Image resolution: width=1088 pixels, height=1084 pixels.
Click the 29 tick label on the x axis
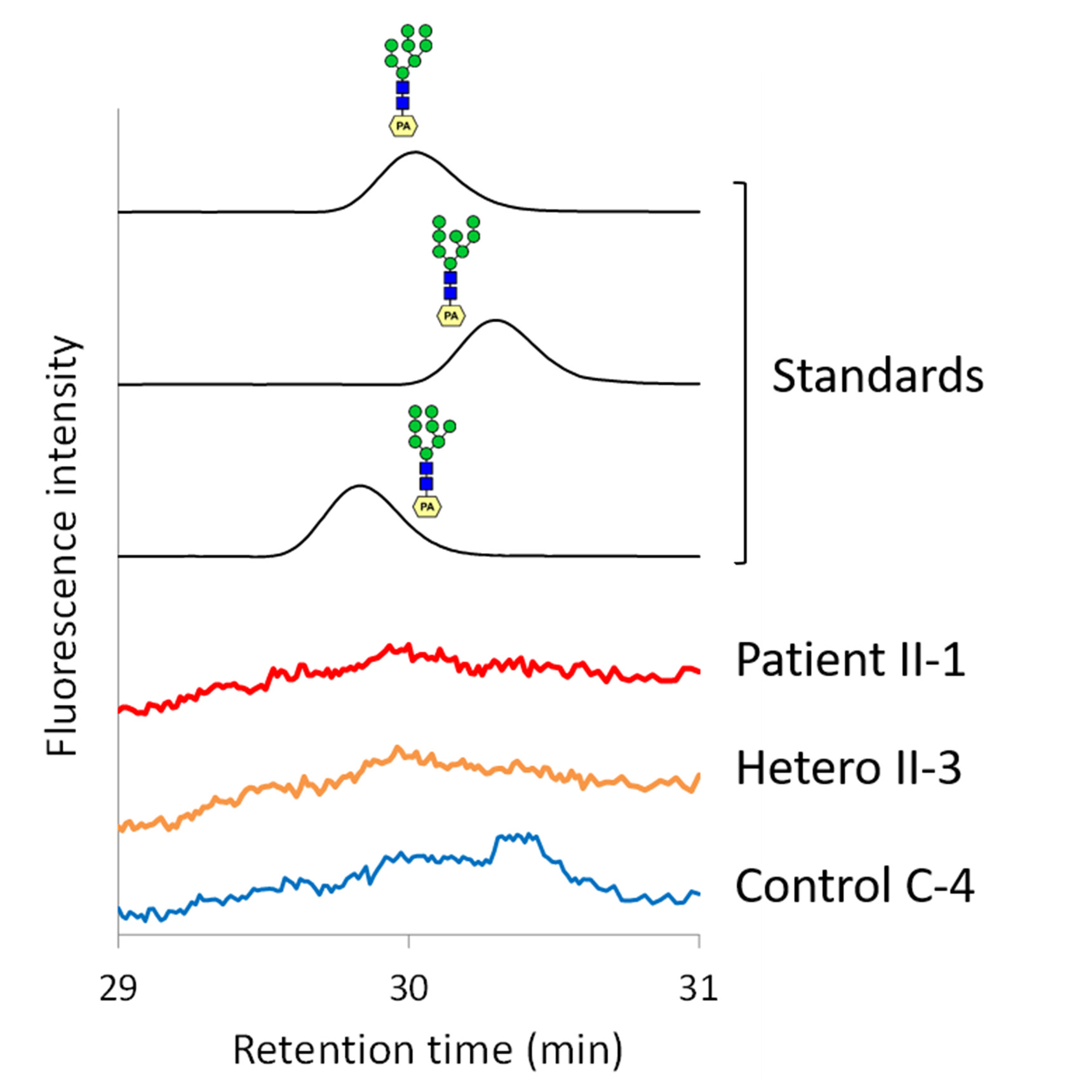pyautogui.click(x=118, y=989)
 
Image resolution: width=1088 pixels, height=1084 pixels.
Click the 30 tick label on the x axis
pyautogui.click(x=408, y=989)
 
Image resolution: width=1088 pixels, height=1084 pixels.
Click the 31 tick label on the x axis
pyautogui.click(x=698, y=989)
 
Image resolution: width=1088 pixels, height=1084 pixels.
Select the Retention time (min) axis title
pyautogui.click(x=427, y=1049)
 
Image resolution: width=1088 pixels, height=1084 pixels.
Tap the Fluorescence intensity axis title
pyautogui.click(x=62, y=546)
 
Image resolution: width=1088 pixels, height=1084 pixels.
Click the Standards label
pyautogui.click(x=877, y=376)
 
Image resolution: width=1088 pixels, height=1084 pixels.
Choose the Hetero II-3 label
pyautogui.click(x=848, y=768)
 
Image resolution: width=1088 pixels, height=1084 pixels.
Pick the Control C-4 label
pyautogui.click(x=854, y=886)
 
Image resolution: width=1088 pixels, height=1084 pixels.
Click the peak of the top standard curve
pyautogui.click(x=415, y=152)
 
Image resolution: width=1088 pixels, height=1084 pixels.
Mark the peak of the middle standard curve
pyautogui.click(x=495, y=321)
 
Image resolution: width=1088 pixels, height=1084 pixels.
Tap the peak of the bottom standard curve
pyautogui.click(x=360, y=486)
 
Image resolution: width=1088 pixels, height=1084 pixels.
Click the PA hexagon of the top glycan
pyautogui.click(x=403, y=126)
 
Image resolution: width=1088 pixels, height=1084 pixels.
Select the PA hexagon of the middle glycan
pyautogui.click(x=451, y=316)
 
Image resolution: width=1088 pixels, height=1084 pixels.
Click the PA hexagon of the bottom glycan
pyautogui.click(x=427, y=507)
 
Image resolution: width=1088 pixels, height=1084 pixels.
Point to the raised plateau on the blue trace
pyautogui.click(x=518, y=838)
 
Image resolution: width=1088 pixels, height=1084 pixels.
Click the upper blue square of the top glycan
pyautogui.click(x=403, y=88)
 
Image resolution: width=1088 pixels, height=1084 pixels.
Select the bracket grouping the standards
pyautogui.click(x=744, y=372)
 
